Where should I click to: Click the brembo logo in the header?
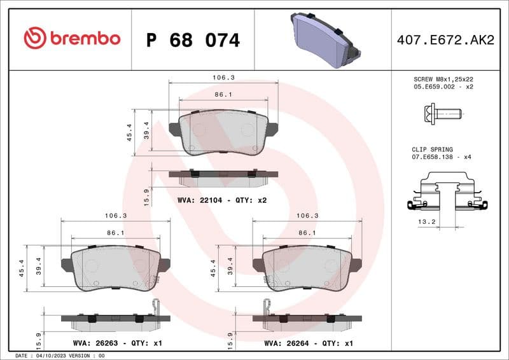(71, 39)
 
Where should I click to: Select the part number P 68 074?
(193, 40)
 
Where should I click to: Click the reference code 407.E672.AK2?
(445, 40)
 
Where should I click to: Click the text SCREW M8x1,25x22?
(443, 79)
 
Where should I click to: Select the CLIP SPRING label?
(432, 149)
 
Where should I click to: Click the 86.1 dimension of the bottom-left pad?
(115, 233)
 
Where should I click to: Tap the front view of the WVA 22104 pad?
(223, 132)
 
